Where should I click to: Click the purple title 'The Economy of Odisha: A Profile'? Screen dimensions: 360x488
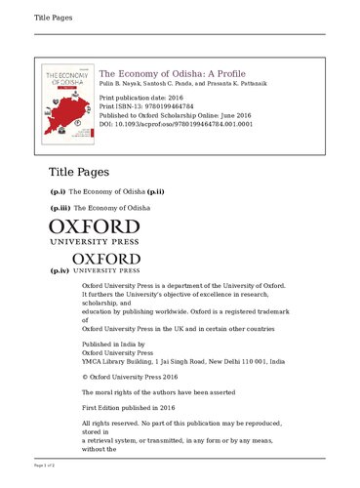tap(173, 74)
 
